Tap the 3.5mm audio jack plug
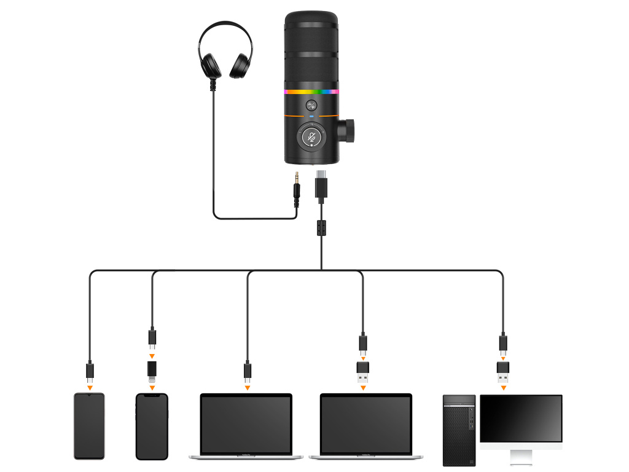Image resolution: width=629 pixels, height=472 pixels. [x=297, y=191]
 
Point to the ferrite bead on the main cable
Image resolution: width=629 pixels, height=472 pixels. [x=320, y=228]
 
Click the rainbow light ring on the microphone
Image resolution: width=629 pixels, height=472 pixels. [x=311, y=92]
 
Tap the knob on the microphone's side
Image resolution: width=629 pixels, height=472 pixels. [x=348, y=130]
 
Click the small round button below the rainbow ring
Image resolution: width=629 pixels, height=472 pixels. [x=311, y=104]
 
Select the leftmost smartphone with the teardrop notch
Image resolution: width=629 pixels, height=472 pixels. [x=89, y=425]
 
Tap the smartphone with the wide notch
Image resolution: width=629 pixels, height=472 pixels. [x=152, y=425]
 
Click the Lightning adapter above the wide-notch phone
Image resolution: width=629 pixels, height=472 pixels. [x=152, y=371]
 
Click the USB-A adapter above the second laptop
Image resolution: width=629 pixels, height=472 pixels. [x=362, y=371]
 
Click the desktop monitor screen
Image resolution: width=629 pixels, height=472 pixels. [x=521, y=418]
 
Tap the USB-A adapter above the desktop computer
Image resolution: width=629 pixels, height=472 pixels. [x=503, y=371]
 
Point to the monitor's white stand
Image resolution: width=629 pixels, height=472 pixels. [x=521, y=456]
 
